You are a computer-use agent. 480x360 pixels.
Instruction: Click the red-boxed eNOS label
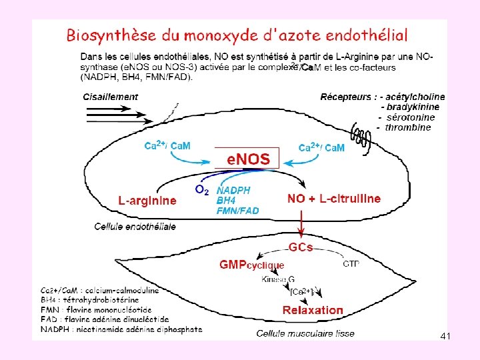249,159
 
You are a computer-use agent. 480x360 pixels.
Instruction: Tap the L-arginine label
147,200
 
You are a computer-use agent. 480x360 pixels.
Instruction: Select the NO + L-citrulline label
334,199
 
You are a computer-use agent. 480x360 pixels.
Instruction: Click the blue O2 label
201,190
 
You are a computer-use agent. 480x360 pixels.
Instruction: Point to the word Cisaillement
111,96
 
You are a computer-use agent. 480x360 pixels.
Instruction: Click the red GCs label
301,247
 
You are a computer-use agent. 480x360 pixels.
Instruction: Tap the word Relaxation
313,310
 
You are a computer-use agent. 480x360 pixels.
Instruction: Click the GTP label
351,264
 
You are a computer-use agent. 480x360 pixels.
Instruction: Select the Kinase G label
278,279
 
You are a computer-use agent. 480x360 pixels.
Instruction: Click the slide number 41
445,337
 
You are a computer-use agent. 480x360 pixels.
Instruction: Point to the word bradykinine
410,107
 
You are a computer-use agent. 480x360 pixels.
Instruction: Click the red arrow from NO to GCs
302,223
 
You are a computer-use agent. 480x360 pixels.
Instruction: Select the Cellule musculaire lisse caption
305,333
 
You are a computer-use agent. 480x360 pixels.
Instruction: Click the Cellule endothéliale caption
135,227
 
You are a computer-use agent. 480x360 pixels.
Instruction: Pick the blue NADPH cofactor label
234,190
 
